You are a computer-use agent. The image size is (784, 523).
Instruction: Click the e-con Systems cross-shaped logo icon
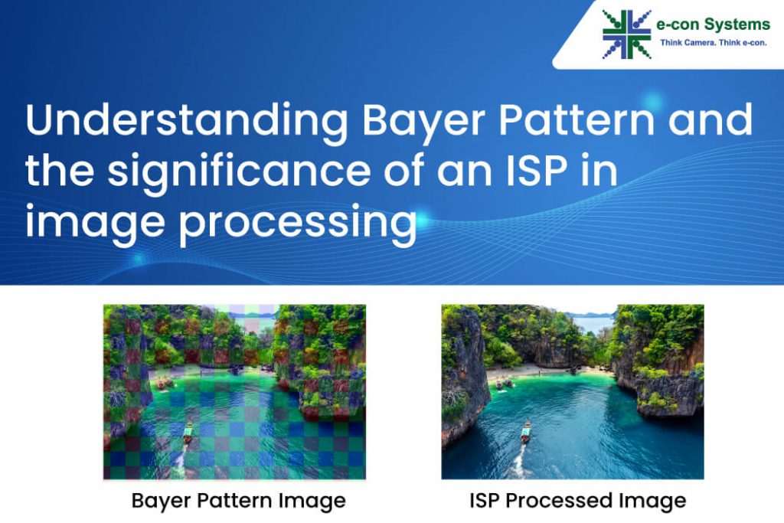626,34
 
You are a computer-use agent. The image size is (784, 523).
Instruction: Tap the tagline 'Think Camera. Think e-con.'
714,43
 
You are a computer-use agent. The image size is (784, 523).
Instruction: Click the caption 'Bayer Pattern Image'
238,502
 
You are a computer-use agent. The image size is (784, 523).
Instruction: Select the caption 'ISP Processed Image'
577,502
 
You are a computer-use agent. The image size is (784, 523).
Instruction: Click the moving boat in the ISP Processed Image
526,431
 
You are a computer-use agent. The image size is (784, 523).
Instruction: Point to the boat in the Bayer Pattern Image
188,431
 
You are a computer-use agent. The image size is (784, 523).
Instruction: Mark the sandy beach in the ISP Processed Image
536,371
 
